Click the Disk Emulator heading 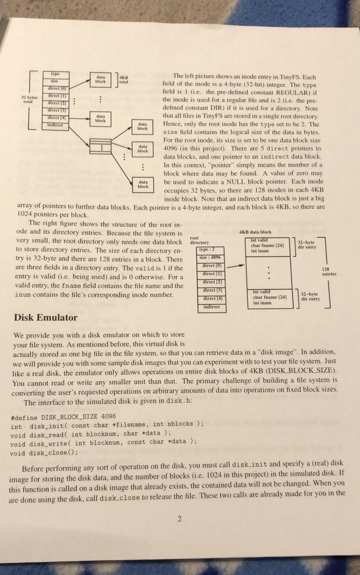[x=46, y=317]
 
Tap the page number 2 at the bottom [x=180, y=519]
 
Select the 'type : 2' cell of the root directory [x=212, y=249]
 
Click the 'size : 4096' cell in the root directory [x=212, y=258]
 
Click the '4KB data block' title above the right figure [x=256, y=232]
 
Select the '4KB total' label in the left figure [x=124, y=79]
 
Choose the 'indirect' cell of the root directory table [x=212, y=308]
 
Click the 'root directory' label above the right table [x=199, y=240]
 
